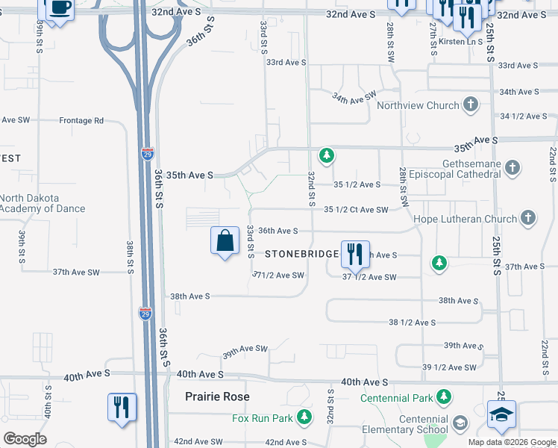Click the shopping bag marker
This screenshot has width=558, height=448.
(x=225, y=241)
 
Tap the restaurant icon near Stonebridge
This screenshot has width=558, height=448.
(x=354, y=254)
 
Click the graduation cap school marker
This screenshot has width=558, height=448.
(x=502, y=415)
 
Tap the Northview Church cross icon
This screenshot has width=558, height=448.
(x=471, y=105)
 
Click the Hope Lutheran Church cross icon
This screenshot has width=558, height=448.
(x=527, y=218)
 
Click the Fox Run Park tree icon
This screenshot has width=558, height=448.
(x=304, y=417)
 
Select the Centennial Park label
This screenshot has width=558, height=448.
(x=396, y=397)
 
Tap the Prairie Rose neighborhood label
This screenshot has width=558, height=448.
(x=217, y=396)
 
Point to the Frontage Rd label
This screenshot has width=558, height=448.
(x=81, y=120)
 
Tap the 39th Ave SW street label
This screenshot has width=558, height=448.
(x=245, y=349)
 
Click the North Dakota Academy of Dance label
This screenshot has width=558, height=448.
(x=43, y=203)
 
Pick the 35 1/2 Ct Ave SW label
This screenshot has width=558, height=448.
(x=356, y=210)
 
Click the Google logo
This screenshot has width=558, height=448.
(x=25, y=438)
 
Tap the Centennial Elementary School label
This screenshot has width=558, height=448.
(x=413, y=424)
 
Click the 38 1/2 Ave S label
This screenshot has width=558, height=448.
(x=412, y=323)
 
